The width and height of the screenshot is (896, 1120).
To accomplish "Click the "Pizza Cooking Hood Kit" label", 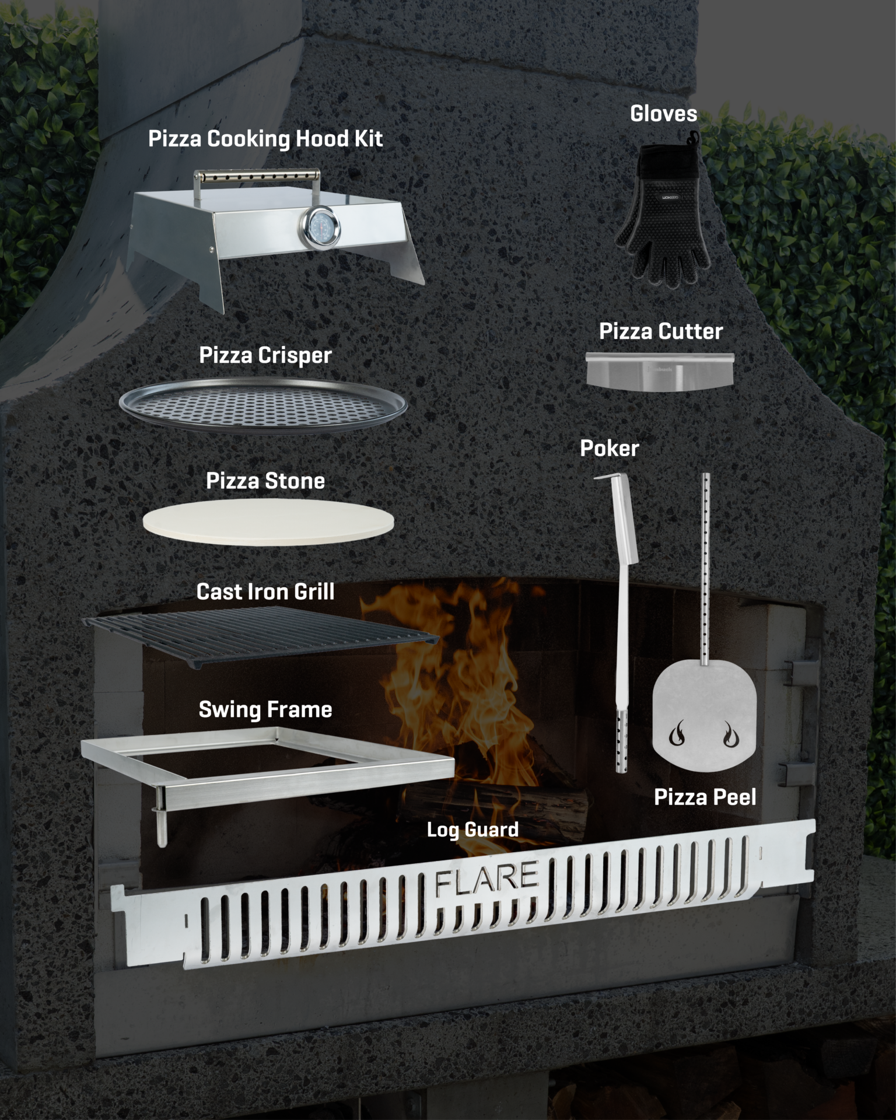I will click(x=265, y=139).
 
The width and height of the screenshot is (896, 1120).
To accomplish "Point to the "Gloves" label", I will click(x=663, y=114).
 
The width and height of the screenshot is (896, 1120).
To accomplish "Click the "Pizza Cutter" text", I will click(x=661, y=331).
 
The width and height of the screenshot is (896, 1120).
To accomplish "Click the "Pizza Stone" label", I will click(x=265, y=481).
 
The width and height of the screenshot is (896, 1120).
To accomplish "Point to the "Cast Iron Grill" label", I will click(x=265, y=591).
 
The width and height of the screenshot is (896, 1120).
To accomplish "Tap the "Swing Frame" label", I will click(x=265, y=709).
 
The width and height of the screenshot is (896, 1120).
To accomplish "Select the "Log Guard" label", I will click(x=473, y=829).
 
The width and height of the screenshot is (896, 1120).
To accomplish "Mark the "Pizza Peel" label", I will click(x=705, y=797).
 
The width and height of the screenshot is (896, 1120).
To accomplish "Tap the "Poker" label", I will click(x=610, y=449).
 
